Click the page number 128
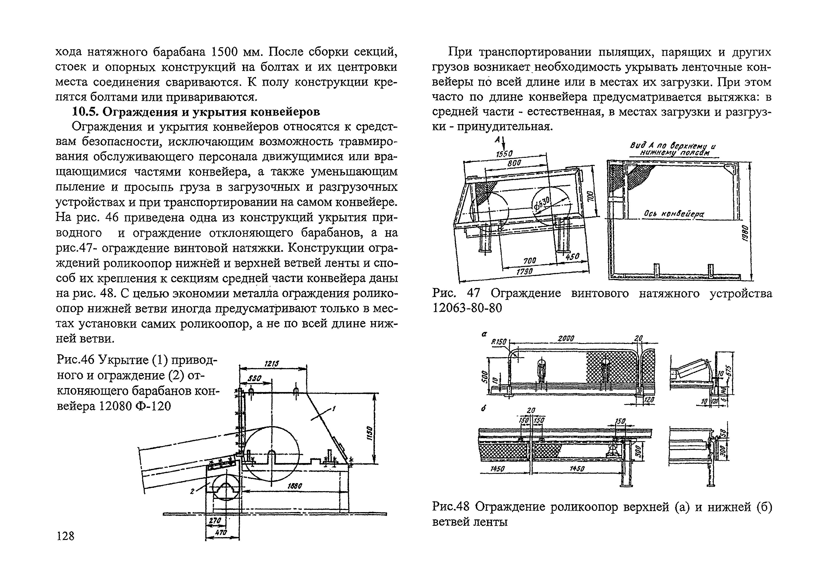point(65,536)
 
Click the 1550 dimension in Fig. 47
point(504,154)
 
